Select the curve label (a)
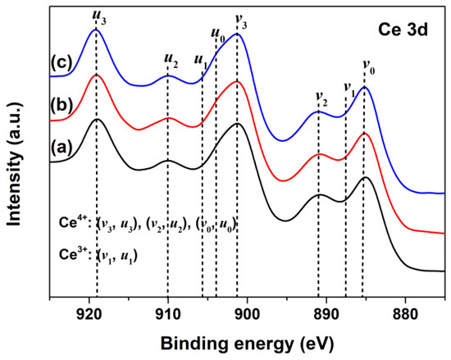click(61, 148)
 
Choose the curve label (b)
click(61, 104)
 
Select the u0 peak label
click(218, 38)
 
